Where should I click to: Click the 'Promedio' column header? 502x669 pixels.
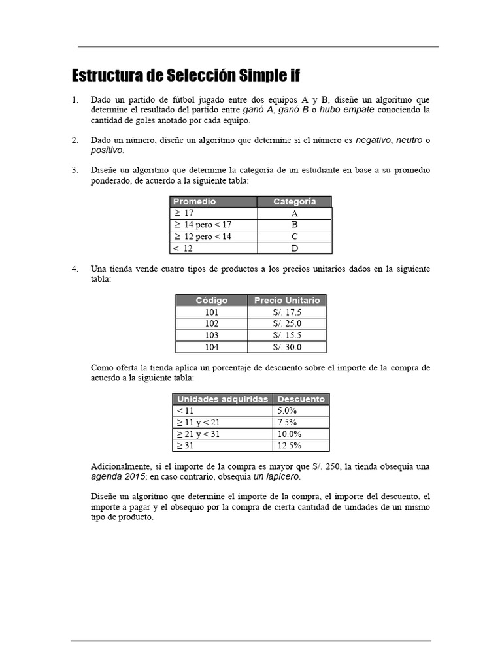(x=194, y=202)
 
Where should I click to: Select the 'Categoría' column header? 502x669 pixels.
(x=294, y=202)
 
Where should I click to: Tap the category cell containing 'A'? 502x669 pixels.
(x=294, y=214)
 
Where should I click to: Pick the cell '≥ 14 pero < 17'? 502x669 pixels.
(x=203, y=225)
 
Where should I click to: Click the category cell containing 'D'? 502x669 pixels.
(x=294, y=248)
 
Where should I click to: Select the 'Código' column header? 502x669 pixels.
(x=211, y=301)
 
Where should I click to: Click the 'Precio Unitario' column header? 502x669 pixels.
(x=287, y=301)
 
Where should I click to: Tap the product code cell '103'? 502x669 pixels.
(x=211, y=335)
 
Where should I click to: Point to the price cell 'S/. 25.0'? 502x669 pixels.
(x=287, y=323)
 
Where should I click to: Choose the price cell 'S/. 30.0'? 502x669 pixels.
(x=287, y=347)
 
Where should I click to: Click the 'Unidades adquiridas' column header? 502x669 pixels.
(x=222, y=399)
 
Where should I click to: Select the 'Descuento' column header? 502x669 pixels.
(x=301, y=399)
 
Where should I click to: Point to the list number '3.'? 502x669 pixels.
(x=75, y=170)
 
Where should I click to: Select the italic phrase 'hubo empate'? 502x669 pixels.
(x=346, y=110)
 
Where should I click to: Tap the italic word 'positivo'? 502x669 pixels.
(x=107, y=150)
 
